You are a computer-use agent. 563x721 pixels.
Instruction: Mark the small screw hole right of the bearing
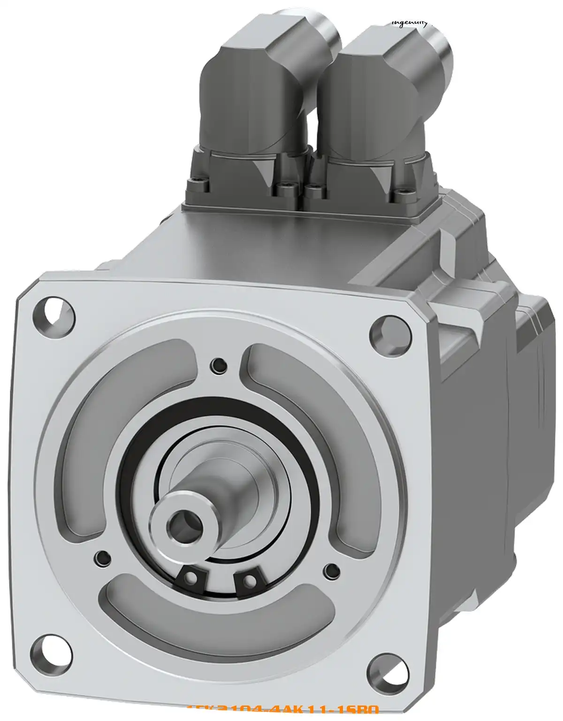(x=332, y=570)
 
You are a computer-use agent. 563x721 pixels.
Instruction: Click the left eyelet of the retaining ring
(x=191, y=578)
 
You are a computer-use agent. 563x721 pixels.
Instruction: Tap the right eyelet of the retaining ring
(x=251, y=582)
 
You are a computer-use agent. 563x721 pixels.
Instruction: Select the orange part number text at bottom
(x=282, y=715)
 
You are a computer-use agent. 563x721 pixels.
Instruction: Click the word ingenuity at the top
(x=408, y=23)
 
